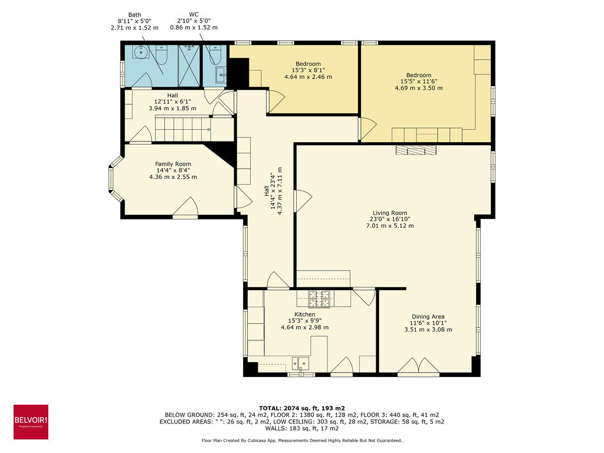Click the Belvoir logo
tap(31, 422)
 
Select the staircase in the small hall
tap(183, 129)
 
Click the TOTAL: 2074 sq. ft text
tap(301, 408)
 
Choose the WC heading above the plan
tap(193, 15)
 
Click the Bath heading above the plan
tap(134, 15)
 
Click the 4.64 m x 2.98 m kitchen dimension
tap(304, 327)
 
